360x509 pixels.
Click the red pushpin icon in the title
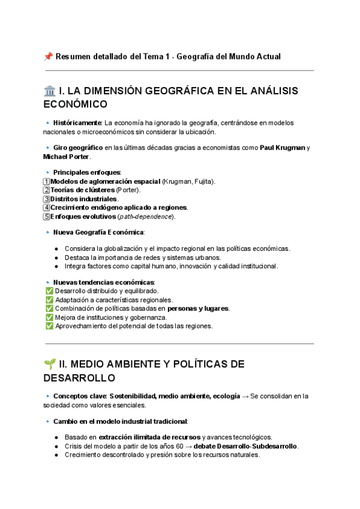[49, 56]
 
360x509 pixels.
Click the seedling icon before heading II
[50, 364]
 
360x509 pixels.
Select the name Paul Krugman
[283, 148]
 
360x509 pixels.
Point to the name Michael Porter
[67, 157]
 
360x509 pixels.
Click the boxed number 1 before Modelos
[47, 181]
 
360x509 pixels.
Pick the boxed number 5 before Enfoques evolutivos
[47, 216]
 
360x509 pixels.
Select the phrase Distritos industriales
[84, 199]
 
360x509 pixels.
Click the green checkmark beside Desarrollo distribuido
[49, 291]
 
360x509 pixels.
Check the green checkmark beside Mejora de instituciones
[49, 318]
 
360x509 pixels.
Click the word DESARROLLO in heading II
[79, 378]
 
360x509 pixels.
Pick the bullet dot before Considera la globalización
[56, 248]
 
